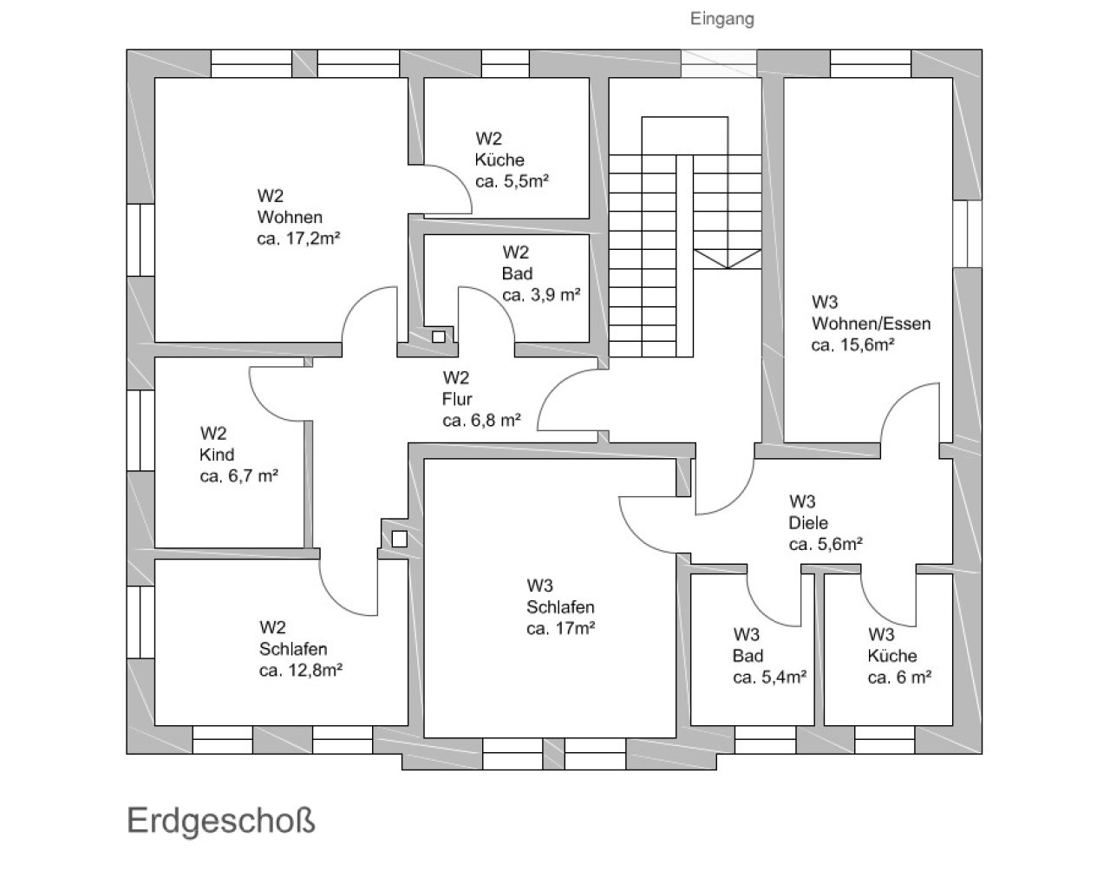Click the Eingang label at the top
[721, 18]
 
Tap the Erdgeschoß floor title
[221, 820]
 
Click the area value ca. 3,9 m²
[541, 294]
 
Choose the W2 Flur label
[457, 388]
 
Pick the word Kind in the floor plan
[217, 455]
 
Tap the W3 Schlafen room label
[559, 596]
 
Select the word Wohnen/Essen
[871, 324]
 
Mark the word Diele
[808, 523]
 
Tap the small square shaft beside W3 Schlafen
[399, 538]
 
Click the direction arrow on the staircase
[726, 259]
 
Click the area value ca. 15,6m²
[852, 344]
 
